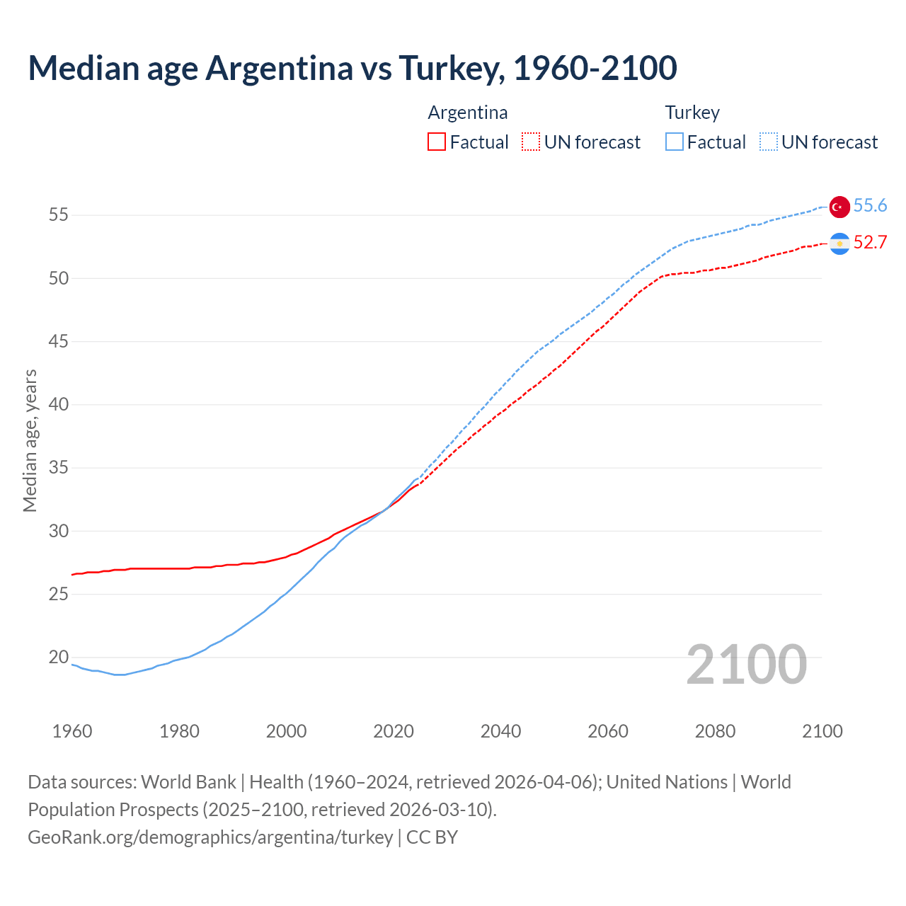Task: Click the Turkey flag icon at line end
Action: coord(839,206)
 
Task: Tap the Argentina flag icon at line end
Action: coord(839,243)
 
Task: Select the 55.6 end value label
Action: coord(870,205)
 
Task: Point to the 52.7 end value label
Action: coord(870,242)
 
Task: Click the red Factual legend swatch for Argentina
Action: coord(437,142)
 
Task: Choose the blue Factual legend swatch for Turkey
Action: coord(675,142)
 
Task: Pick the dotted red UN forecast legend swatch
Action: coord(531,142)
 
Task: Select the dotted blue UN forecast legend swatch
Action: coord(769,142)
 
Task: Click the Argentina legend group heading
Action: coord(468,113)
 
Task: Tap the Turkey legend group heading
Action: coord(692,113)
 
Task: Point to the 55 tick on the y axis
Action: coord(59,215)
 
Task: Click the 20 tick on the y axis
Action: coord(59,658)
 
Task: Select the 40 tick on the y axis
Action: coord(59,405)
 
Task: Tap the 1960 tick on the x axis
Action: coord(72,731)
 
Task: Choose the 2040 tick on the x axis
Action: coord(500,731)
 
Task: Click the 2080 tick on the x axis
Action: coord(715,731)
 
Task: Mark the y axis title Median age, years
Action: coord(30,440)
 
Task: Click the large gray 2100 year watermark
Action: coord(747,664)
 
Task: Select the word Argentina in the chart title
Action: coord(279,68)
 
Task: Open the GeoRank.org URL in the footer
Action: coord(210,837)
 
